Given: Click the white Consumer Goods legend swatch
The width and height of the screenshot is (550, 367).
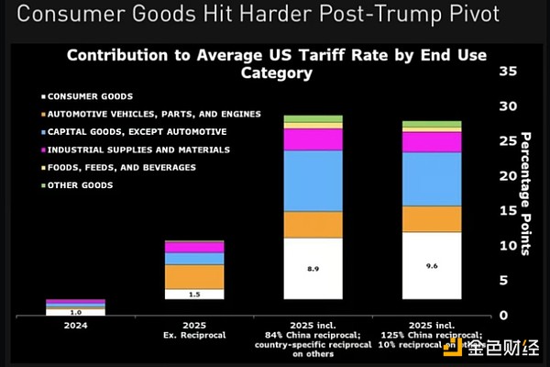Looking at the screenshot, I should pyautogui.click(x=44, y=96).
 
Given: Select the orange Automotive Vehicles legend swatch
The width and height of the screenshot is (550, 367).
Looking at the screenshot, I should pyautogui.click(x=44, y=114).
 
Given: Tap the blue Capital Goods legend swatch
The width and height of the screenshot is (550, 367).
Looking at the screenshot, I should pyautogui.click(x=44, y=132).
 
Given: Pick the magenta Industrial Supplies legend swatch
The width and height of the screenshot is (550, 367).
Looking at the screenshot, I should pyautogui.click(x=44, y=150).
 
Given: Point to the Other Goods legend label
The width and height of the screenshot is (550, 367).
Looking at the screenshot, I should pyautogui.click(x=83, y=185).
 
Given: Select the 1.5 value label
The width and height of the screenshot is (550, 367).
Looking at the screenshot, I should pyautogui.click(x=194, y=294).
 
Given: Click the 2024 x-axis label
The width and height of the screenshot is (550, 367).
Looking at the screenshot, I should pyautogui.click(x=75, y=323).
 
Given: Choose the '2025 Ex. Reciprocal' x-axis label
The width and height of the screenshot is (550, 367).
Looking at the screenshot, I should pyautogui.click(x=193, y=328).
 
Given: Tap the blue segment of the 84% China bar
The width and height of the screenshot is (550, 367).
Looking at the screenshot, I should pyautogui.click(x=313, y=180).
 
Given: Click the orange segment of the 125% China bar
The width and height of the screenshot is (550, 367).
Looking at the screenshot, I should pyautogui.click(x=431, y=218).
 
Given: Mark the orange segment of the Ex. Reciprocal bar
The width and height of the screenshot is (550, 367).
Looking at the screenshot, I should pyautogui.click(x=194, y=276).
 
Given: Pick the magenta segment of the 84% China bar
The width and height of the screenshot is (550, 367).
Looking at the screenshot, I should pyautogui.click(x=313, y=139).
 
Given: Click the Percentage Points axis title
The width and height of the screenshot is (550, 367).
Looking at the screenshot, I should pyautogui.click(x=526, y=192).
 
